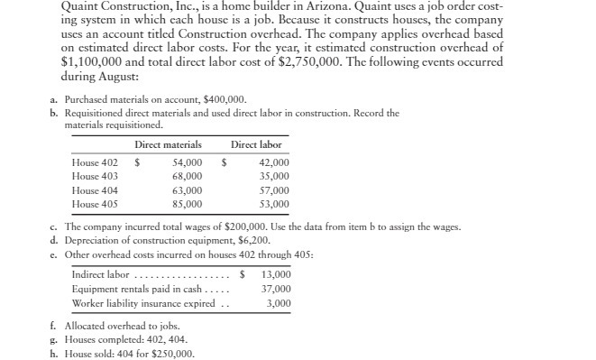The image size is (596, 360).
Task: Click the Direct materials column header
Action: (x=168, y=144)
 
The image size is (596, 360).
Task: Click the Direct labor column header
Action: (x=256, y=144)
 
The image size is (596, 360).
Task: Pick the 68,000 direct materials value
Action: (x=186, y=177)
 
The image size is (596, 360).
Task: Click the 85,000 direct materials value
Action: (x=186, y=204)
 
